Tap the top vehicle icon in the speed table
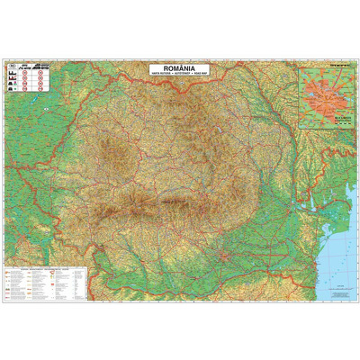12,73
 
